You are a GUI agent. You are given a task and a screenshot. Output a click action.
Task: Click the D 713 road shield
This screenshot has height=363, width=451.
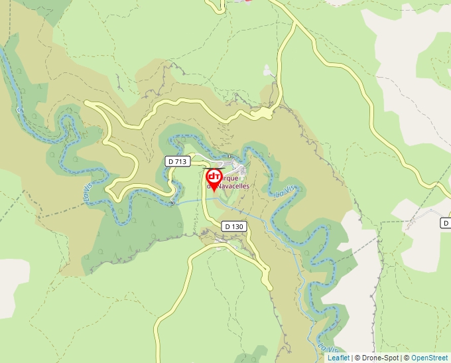pyautogui.click(x=178, y=161)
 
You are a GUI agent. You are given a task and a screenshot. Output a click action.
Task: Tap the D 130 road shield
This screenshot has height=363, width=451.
pyautogui.click(x=234, y=226)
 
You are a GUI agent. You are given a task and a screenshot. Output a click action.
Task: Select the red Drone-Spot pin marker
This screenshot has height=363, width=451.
pyautogui.click(x=214, y=178)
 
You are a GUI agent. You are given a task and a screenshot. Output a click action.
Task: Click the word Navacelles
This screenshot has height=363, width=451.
pyautogui.click(x=229, y=187)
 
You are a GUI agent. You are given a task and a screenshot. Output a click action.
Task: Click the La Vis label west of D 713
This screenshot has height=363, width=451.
pyautogui.click(x=88, y=194)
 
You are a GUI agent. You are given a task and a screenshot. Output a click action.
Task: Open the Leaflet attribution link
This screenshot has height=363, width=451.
pyautogui.click(x=338, y=358)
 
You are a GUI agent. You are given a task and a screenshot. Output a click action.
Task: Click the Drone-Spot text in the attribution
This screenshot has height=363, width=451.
pyautogui.click(x=381, y=358)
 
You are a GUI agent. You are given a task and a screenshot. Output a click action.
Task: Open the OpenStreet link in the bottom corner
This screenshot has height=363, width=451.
pyautogui.click(x=429, y=358)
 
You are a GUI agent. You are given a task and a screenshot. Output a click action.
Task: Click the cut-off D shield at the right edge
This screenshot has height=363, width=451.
pyautogui.click(x=446, y=224)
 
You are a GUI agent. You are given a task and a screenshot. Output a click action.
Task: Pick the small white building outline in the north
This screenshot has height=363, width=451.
pyautogui.click(x=267, y=69)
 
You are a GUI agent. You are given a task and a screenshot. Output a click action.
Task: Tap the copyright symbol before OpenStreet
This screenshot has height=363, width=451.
pyautogui.click(x=407, y=358)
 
